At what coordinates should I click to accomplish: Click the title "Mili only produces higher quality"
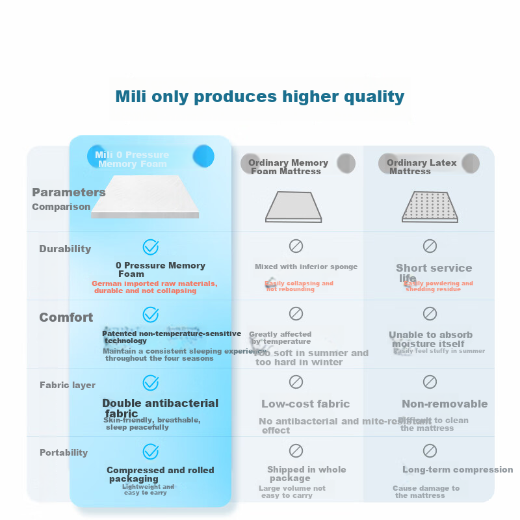tap(260, 97)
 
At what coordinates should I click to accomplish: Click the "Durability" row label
tap(65, 249)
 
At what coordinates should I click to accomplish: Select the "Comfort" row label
tap(66, 317)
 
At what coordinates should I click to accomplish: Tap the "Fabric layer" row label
tap(68, 385)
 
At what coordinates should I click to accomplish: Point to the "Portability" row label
tap(64, 452)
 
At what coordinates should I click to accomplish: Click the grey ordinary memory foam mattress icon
tap(294, 207)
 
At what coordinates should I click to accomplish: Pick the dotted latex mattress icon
tap(430, 207)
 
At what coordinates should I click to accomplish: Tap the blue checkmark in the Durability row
tap(151, 247)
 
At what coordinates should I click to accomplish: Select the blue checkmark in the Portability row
tap(151, 451)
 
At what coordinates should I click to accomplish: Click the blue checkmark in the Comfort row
tap(151, 315)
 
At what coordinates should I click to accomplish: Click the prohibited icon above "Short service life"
tap(430, 246)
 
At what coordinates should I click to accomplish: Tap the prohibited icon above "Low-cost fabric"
tap(296, 382)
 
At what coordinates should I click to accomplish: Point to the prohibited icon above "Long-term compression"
tap(430, 450)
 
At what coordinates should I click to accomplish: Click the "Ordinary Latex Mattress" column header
tap(421, 167)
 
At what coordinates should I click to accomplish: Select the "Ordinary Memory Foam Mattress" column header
tap(288, 167)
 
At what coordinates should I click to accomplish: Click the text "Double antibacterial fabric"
tap(160, 408)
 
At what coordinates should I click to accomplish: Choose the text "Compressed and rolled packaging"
tap(160, 474)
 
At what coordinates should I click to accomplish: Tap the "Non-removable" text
tap(445, 404)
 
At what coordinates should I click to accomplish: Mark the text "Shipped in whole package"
tap(306, 474)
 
